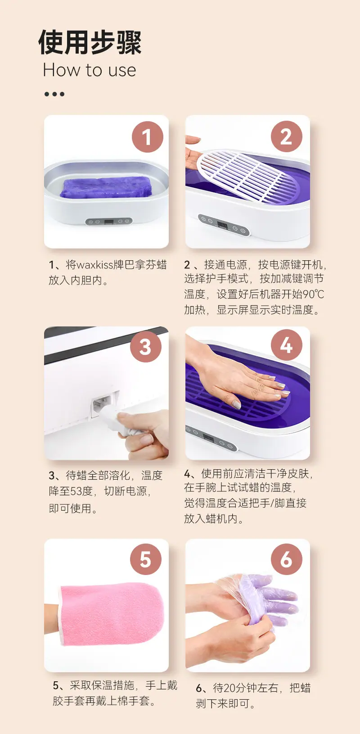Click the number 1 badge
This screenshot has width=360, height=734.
pyautogui.click(x=148, y=136)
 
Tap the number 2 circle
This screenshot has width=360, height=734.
pyautogui.click(x=286, y=136)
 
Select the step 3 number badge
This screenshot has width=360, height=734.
pyautogui.click(x=146, y=347)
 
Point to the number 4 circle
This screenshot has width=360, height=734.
pyautogui.click(x=286, y=345)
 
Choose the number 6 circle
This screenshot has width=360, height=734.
pyautogui.click(x=286, y=559)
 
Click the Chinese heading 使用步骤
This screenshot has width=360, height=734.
pyautogui.click(x=90, y=42)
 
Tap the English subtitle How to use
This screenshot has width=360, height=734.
pyautogui.click(x=90, y=70)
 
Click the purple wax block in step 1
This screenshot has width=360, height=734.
pyautogui.click(x=105, y=187)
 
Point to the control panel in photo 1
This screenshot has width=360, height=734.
pyautogui.click(x=109, y=222)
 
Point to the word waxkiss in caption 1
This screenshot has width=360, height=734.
pyautogui.click(x=94, y=264)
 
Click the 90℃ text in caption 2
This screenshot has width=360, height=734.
pyautogui.click(x=313, y=294)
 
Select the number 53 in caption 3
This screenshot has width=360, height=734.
pyautogui.click(x=76, y=491)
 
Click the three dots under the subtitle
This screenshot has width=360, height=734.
pyautogui.click(x=54, y=95)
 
